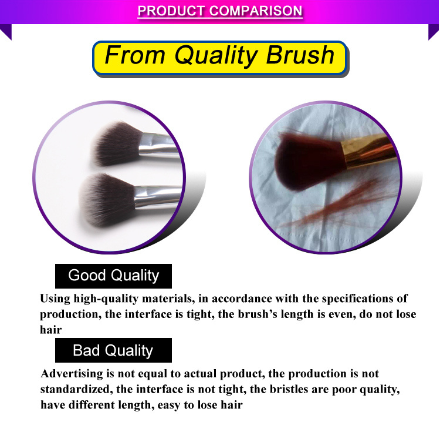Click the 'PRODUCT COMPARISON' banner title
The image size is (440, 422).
220,11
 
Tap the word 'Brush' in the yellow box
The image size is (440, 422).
300,55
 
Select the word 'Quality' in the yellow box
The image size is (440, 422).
215,56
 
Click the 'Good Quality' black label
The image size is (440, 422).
113,276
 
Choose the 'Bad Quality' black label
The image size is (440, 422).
113,350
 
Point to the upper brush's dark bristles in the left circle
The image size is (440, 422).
117,143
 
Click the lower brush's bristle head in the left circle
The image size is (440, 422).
107,199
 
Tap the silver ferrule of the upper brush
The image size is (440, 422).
159,144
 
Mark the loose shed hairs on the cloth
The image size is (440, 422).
337,205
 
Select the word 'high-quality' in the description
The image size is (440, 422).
106,299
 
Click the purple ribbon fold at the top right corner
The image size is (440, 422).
434,32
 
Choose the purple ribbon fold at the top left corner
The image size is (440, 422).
6,32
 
